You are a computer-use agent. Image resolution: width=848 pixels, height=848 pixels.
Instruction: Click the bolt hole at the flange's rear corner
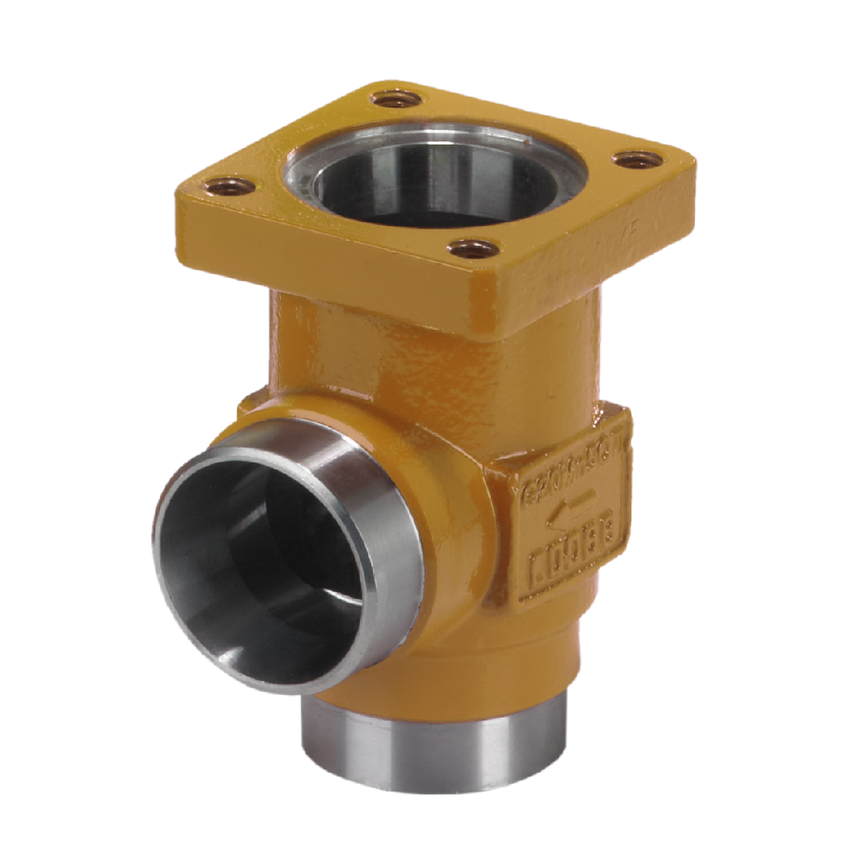pos(397,100)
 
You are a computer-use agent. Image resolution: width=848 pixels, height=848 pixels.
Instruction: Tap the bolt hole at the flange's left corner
pos(232,187)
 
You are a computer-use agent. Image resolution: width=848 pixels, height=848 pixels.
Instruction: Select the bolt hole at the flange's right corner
pos(637,160)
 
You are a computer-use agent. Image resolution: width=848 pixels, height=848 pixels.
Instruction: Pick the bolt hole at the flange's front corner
pos(472,250)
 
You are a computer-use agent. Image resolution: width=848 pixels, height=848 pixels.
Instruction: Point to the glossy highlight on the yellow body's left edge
pos(302,330)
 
